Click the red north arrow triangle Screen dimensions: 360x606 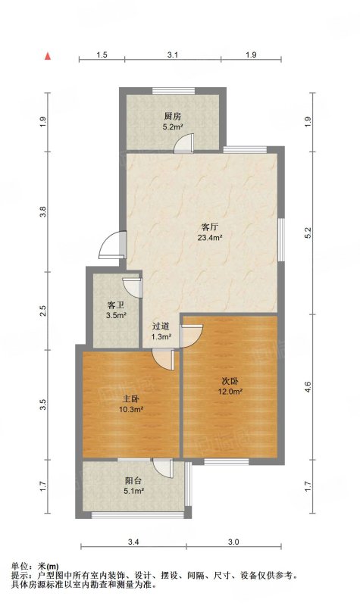coord(48,56)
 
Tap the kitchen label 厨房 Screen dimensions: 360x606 coord(173,117)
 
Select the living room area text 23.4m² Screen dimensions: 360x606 coord(209,238)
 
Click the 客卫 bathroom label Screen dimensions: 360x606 coord(116,306)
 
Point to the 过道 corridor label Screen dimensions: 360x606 coord(161,327)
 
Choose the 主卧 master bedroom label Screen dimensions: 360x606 coord(131,399)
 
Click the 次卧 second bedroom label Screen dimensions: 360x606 coord(230,381)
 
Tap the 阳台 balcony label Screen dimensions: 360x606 coord(133,481)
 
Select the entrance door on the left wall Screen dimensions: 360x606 coord(112,245)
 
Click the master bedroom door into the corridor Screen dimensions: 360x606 coord(163,359)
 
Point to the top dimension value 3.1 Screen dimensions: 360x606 coord(173,55)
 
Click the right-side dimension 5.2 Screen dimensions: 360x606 coord(308,233)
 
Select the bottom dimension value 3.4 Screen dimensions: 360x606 coord(133,542)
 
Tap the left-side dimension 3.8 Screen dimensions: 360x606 coord(43,211)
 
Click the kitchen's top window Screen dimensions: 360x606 coord(174,91)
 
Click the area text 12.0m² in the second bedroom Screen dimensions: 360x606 coord(230,392)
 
